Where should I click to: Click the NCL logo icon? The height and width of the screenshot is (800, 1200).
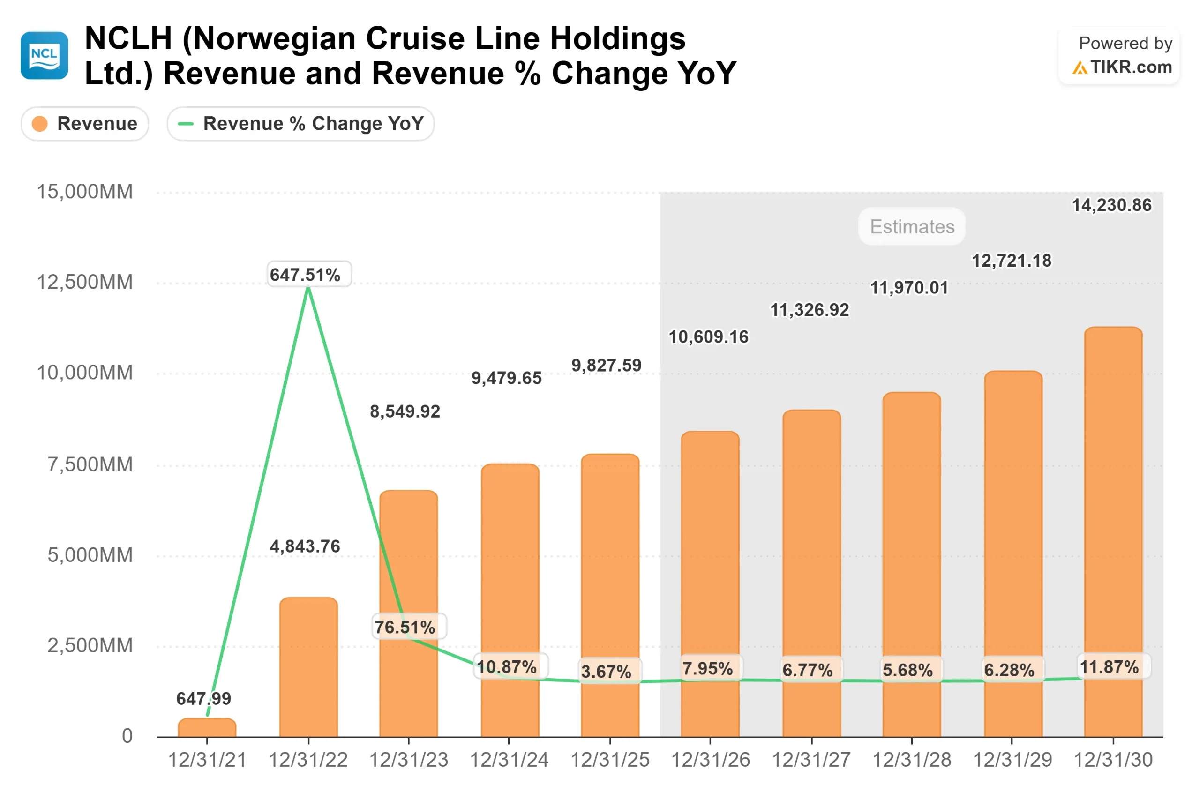pyautogui.click(x=45, y=56)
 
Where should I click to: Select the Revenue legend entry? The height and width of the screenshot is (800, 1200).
pyautogui.click(x=85, y=123)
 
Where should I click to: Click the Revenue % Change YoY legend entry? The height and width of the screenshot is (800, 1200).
pyautogui.click(x=300, y=123)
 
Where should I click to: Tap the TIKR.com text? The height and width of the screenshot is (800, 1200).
pyautogui.click(x=1131, y=67)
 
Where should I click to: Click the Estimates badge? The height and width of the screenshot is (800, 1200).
pyautogui.click(x=912, y=226)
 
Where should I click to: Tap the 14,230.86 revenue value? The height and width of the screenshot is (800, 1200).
pyautogui.click(x=1111, y=205)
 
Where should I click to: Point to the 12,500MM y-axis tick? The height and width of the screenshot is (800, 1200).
pyautogui.click(x=85, y=282)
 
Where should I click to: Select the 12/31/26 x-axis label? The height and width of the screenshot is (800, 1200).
pyautogui.click(x=710, y=760)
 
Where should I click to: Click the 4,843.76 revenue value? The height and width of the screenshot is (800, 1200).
pyautogui.click(x=305, y=546)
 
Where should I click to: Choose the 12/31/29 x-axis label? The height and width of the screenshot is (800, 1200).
pyautogui.click(x=1012, y=760)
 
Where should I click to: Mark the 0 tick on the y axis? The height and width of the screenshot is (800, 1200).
pyautogui.click(x=127, y=736)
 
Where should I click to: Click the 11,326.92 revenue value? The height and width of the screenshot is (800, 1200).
pyautogui.click(x=809, y=310)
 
